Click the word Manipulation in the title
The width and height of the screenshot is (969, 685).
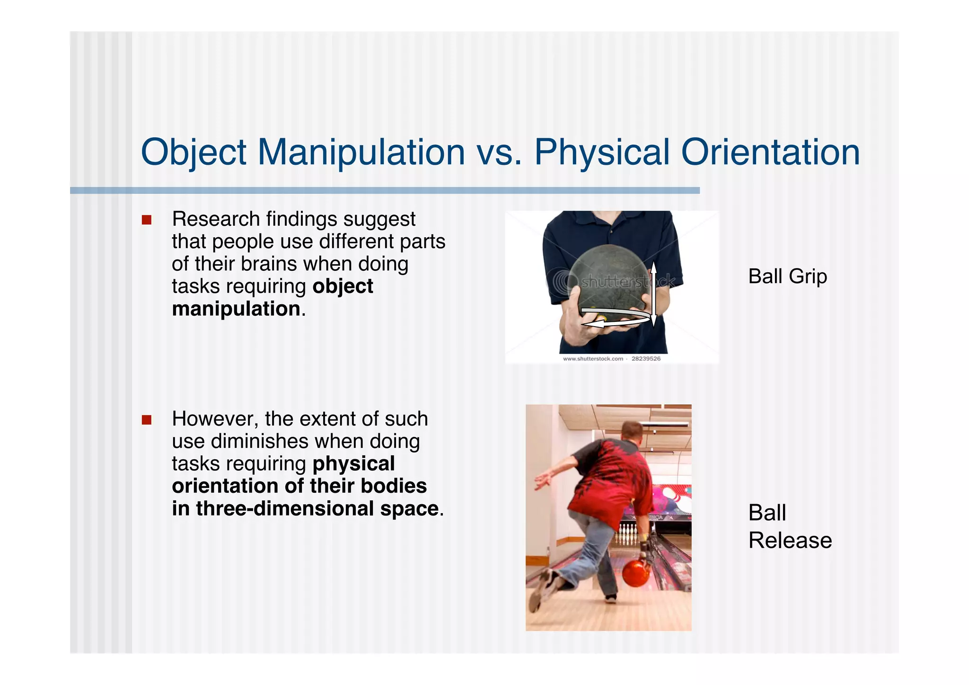pos(361,152)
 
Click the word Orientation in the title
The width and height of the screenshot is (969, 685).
pos(770,152)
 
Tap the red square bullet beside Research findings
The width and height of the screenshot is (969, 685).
pos(147,220)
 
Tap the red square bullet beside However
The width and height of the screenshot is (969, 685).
pos(147,420)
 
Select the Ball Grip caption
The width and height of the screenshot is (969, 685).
pos(787,276)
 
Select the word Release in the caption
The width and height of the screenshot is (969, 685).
pos(790,540)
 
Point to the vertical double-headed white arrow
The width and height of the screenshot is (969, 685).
pos(653,294)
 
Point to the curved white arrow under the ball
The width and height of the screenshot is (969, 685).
pos(615,319)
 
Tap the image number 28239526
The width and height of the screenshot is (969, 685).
pos(646,359)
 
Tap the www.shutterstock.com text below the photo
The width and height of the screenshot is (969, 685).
pos(593,359)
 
